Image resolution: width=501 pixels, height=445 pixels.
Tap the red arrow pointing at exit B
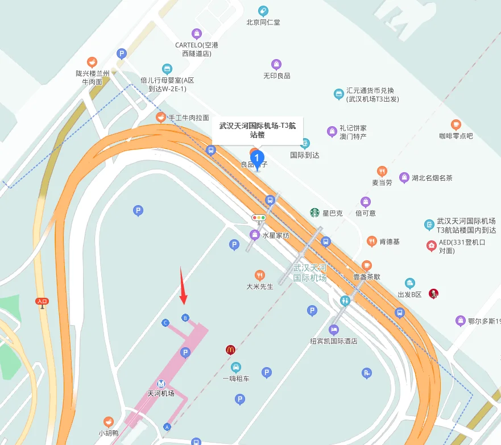pos(183,286)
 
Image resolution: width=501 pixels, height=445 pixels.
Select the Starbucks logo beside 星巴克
pos(314,213)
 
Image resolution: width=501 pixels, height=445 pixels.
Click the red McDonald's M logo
pos(230,350)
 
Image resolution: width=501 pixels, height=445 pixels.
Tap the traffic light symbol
pos(259,218)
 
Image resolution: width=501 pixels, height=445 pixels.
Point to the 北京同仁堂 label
pos(263,23)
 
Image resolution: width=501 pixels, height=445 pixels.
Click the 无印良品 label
pos(276,76)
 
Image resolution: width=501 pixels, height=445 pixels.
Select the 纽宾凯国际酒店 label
pos(334,341)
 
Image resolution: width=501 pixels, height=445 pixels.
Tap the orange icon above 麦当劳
pos(382,171)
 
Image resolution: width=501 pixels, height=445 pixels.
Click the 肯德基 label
pos(389,242)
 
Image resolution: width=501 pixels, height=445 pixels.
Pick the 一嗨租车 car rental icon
pos(236,367)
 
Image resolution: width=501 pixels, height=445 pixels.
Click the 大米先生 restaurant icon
pos(260,276)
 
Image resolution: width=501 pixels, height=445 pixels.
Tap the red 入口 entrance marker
pos(42,301)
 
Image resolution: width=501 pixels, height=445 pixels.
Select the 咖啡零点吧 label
pos(456,136)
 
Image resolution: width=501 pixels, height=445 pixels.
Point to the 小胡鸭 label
pos(108,433)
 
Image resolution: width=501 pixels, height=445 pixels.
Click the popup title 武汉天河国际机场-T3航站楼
pos(258,130)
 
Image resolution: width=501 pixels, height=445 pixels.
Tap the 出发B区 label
pos(409,294)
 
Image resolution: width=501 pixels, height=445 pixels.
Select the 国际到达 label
pos(305,155)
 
